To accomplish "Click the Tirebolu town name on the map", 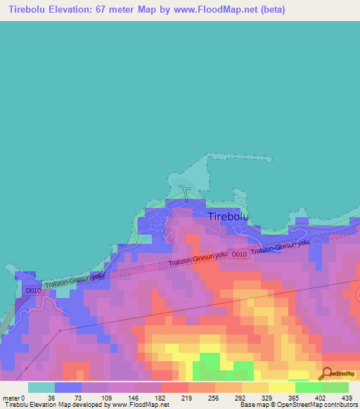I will (229, 217).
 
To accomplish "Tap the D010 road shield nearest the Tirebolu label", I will (239, 254).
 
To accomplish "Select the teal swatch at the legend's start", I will (41, 387).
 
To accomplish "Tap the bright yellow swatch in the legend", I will (282, 387).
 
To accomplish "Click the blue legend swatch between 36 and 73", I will (68, 387).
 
